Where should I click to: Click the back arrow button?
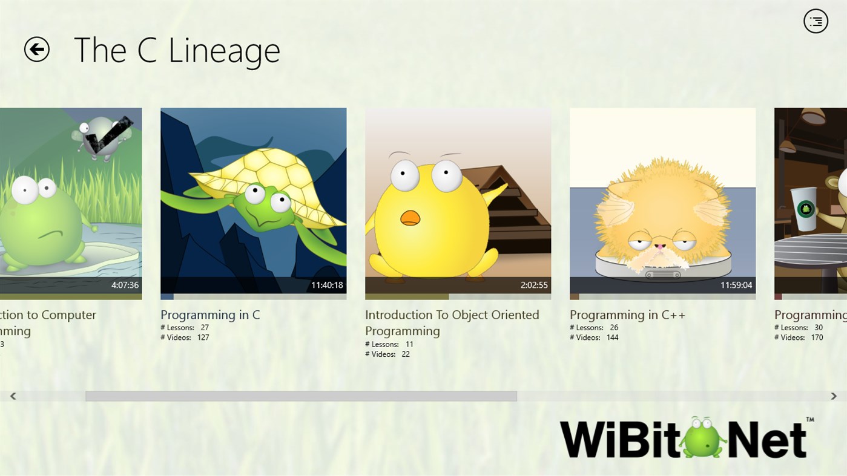tap(37, 50)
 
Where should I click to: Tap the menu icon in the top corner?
tap(816, 21)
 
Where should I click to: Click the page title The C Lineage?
tap(177, 50)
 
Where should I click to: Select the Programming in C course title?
tap(210, 315)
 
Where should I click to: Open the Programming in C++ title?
tap(627, 315)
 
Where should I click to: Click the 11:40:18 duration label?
tap(327, 285)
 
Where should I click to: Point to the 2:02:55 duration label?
tap(533, 285)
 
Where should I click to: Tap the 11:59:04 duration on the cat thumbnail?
tap(736, 285)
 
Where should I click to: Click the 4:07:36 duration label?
tap(125, 285)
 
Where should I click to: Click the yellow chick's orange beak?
tap(410, 218)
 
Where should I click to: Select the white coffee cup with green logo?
tap(805, 209)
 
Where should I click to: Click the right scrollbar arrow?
tap(834, 396)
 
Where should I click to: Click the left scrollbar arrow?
tap(13, 396)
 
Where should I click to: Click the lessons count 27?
tap(205, 328)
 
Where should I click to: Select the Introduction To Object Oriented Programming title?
tap(452, 322)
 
